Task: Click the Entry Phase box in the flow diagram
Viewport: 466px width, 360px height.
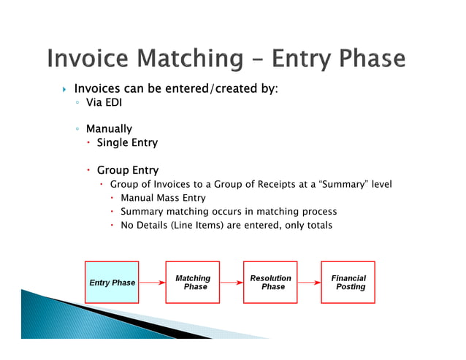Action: [x=112, y=283]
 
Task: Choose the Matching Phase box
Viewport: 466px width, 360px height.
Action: [x=192, y=283]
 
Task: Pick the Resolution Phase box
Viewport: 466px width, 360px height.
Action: [x=270, y=283]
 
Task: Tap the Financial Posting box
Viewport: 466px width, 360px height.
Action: [x=348, y=283]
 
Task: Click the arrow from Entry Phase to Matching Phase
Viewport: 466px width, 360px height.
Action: [x=152, y=281]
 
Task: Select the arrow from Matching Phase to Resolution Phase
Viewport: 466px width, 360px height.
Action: [x=231, y=281]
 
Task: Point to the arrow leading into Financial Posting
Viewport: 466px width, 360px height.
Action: [x=309, y=281]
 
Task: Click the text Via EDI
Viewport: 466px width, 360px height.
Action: [x=104, y=103]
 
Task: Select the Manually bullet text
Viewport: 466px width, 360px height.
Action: [x=109, y=129]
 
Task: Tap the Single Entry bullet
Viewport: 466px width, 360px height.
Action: [x=127, y=142]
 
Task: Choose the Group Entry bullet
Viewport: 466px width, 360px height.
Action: [x=127, y=170]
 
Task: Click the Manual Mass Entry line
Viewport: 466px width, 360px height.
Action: [x=163, y=198]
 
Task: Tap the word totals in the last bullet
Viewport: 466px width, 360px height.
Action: [x=318, y=225]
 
